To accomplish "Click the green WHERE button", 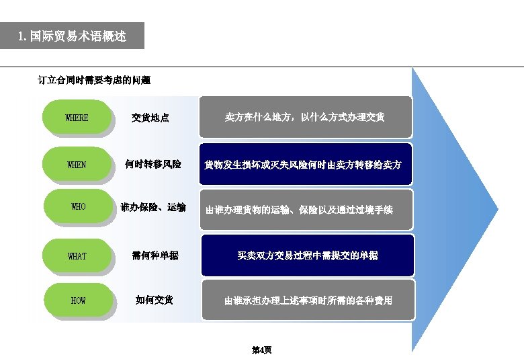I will point(76,118).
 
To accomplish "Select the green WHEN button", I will point(76,164).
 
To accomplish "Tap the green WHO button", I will point(78,207).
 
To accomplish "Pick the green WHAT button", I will point(77,256).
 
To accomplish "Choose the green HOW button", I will point(78,300).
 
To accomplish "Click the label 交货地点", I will point(150,118).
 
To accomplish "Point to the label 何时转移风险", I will point(153,163).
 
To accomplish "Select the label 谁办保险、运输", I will point(153,207).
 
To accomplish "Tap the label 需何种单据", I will point(155,255).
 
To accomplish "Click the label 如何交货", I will point(155,300).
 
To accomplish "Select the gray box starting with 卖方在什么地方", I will point(305,117).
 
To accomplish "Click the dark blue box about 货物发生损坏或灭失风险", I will point(305,164).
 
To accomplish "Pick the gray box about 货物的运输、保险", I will point(305,210).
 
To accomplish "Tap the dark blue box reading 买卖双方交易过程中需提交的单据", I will point(307,255).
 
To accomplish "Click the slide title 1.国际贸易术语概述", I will point(72,36).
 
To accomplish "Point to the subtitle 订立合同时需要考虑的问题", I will point(94,80).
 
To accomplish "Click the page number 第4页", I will point(261,350).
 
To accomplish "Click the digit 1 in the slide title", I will point(21,36).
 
